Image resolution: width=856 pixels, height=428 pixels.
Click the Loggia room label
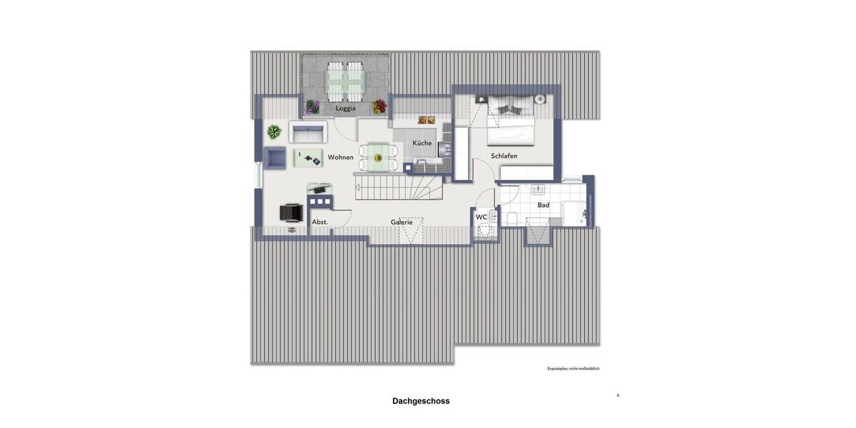tap(345, 108)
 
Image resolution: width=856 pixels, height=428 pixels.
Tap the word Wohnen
tap(340, 157)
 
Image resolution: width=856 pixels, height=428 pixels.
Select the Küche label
tap(422, 143)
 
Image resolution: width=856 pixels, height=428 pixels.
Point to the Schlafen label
tap(504, 156)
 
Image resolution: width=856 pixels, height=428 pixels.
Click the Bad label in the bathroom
tap(544, 205)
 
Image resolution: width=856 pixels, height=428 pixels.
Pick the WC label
tap(481, 217)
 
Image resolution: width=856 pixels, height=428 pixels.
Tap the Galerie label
tap(402, 222)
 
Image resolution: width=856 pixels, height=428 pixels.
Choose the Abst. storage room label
tap(320, 222)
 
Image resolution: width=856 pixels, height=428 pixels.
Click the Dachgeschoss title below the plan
tap(421, 401)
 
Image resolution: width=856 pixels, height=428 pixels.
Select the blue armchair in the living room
tap(274, 158)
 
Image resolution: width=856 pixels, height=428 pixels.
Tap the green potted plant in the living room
tap(274, 131)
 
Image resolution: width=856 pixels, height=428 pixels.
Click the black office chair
tap(291, 212)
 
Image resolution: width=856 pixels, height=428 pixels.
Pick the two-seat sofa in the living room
tap(308, 132)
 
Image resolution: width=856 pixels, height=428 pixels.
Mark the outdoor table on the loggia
tap(345, 82)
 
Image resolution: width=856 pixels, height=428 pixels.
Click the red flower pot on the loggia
tap(379, 106)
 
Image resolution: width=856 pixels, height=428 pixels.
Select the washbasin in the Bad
tap(538, 190)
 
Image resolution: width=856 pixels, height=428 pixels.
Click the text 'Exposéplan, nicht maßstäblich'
tap(573, 369)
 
